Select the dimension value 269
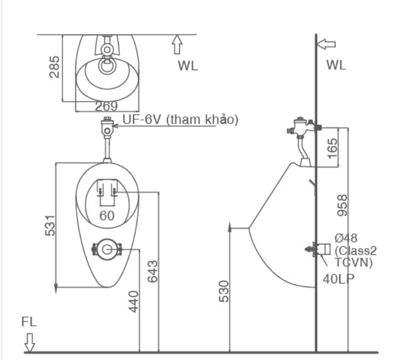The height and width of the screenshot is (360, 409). pos(106,106)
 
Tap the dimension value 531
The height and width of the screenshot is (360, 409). pos(50,226)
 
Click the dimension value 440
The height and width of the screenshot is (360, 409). pos(134,302)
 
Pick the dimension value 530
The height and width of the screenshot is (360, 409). pos(224,291)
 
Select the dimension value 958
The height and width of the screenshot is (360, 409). pos(342,205)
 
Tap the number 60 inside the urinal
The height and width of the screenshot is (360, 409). pos(107,215)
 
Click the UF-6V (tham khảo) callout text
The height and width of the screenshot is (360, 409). pos(180,120)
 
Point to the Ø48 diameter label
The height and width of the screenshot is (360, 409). pos(346,238)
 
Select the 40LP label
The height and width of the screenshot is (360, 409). pos(338,279)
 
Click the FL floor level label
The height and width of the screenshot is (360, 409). pos(29,322)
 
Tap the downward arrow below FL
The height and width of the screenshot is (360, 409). pos(30,341)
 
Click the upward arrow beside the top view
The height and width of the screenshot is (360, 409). pos(176,44)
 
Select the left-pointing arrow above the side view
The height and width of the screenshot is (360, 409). pos(326,44)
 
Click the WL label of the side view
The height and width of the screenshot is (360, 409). pos(337,66)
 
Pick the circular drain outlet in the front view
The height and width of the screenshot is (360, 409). pos(107,249)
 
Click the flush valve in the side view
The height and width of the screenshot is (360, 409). pos(302,128)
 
